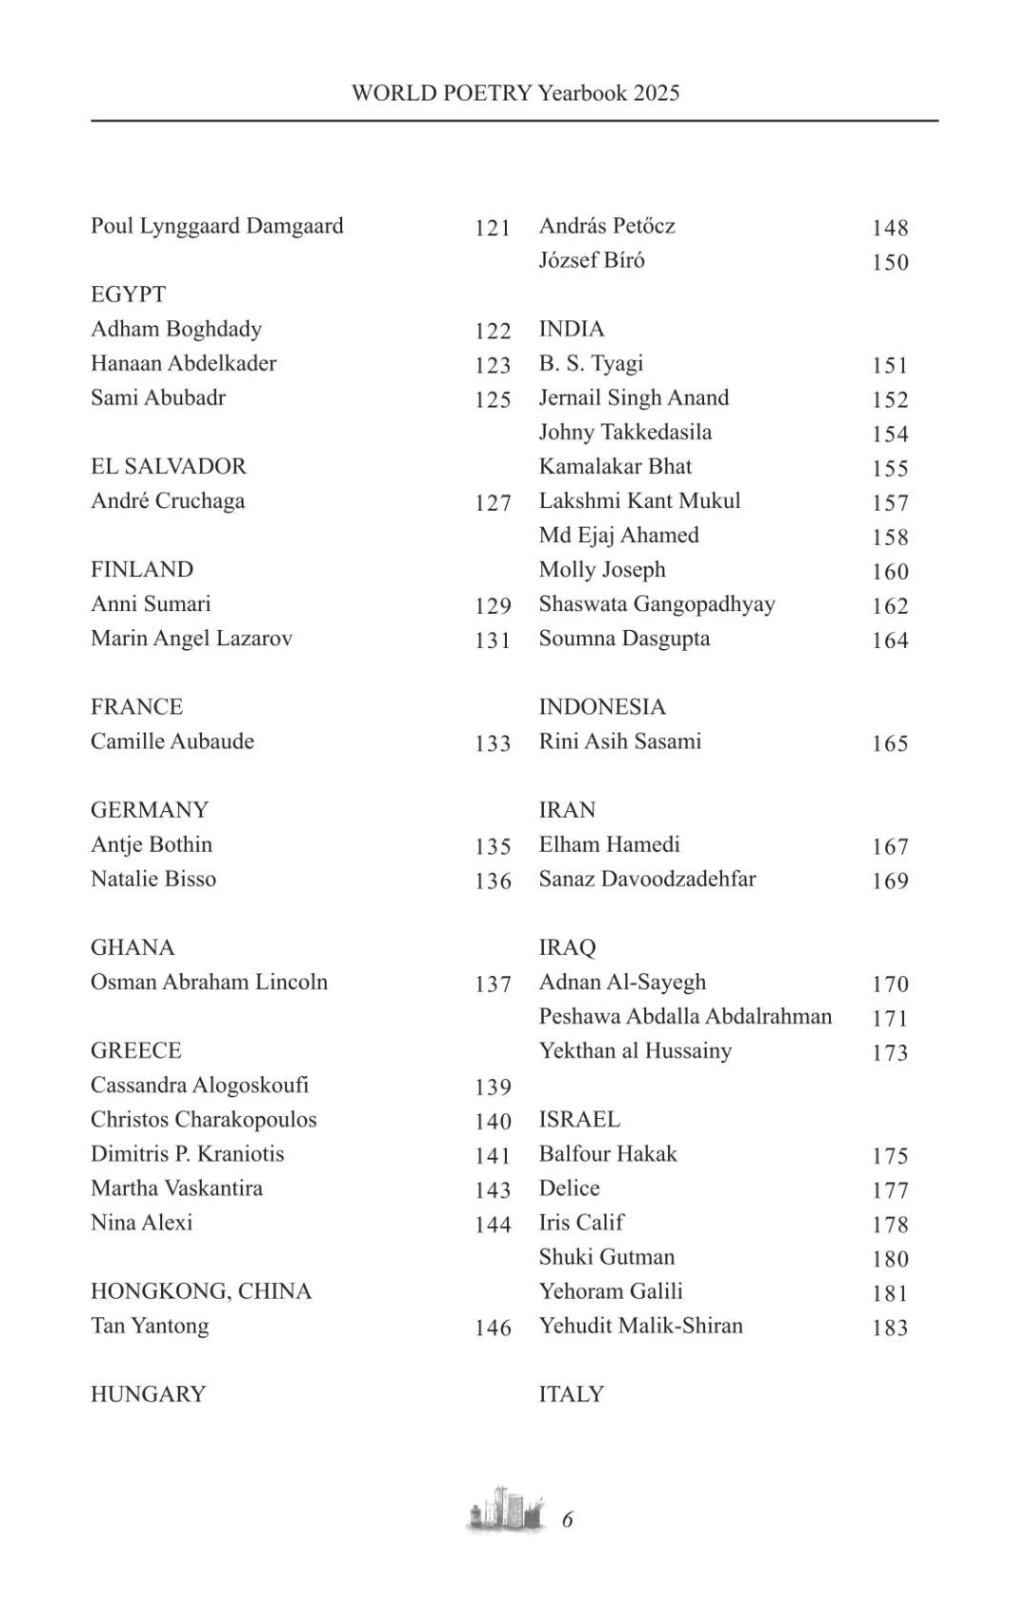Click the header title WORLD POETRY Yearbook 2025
515,92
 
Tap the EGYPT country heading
128,295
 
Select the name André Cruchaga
168,501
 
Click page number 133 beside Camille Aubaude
493,743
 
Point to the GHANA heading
132,947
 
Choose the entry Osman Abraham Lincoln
209,982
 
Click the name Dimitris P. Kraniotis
187,1154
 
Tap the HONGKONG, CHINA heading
201,1291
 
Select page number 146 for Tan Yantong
493,1328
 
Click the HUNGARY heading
148,1394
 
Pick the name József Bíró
592,260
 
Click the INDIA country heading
571,329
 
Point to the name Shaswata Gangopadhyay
656,604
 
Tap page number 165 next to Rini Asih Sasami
890,743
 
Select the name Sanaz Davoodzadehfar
647,879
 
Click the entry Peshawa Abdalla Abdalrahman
685,1016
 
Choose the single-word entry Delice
569,1189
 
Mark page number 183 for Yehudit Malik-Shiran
890,1328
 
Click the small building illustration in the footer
506,1509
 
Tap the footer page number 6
568,1519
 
